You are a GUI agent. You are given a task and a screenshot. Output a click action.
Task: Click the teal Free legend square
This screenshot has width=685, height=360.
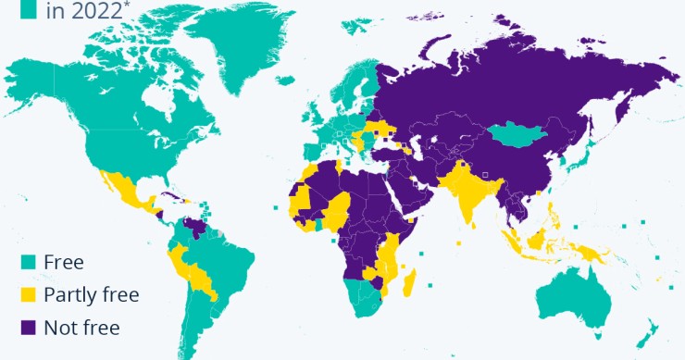click(30, 262)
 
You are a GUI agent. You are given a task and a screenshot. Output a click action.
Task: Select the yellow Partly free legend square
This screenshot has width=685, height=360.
click(30, 294)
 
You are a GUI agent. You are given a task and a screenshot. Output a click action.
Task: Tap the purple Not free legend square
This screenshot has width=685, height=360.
click(30, 327)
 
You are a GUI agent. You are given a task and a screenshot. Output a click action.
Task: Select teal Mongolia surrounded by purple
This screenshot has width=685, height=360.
click(519, 137)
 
